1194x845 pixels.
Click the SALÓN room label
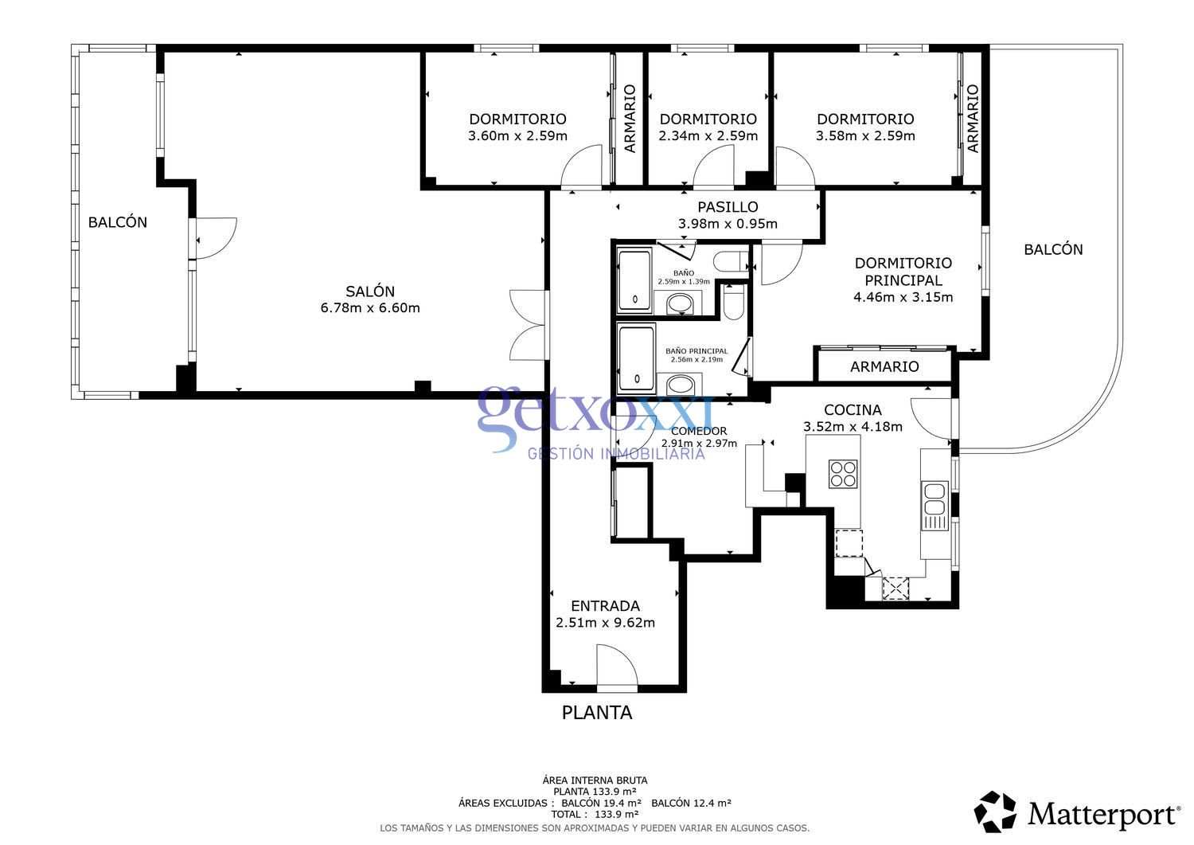[x=370, y=291]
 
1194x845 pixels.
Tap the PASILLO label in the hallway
[x=728, y=207]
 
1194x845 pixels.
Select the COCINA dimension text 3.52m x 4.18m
[x=853, y=427]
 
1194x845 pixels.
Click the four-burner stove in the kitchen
[x=843, y=474]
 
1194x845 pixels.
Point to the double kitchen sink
[x=935, y=506]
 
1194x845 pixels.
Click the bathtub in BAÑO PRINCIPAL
[x=636, y=359]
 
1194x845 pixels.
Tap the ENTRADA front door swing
[x=617, y=667]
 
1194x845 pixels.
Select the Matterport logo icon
[x=995, y=812]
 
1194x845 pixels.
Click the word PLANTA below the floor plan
[x=597, y=713]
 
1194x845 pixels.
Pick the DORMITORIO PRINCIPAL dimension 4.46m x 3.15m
[x=903, y=297]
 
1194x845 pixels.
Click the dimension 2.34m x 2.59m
[x=708, y=136]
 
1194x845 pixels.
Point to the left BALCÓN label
[x=117, y=222]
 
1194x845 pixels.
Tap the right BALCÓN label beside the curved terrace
[x=1053, y=249]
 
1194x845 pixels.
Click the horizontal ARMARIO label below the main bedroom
[x=884, y=366]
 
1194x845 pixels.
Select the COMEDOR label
[x=699, y=431]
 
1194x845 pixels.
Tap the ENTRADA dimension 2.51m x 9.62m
[x=605, y=623]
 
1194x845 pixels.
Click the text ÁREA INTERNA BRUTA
[x=595, y=780]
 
